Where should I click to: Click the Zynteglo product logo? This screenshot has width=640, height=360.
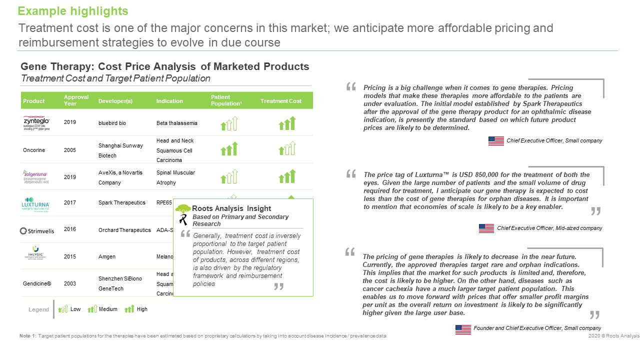coord(36,123)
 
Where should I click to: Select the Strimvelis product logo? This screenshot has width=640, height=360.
coord(37,230)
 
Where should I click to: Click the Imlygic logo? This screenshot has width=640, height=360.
coord(36,253)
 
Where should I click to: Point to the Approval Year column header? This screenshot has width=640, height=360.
coord(76,100)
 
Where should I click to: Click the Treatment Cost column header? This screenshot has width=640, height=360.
coord(281,101)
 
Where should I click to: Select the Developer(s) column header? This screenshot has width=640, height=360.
coord(115,101)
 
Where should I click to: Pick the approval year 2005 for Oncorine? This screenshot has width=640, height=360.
coord(70,150)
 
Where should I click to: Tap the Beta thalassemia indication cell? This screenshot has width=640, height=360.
coord(177,123)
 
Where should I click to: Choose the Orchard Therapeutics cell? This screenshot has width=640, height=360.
coord(124,230)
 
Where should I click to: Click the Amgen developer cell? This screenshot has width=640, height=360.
coord(107,256)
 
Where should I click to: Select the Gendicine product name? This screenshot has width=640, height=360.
coord(37,283)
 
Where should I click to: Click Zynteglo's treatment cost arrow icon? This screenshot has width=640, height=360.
coord(287,123)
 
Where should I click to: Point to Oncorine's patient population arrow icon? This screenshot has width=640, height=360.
coord(229,149)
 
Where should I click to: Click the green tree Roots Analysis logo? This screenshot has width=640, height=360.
coord(183,208)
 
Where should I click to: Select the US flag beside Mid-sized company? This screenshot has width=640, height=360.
coord(486,228)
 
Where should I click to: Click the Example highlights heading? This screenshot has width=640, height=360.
coord(73,11)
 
